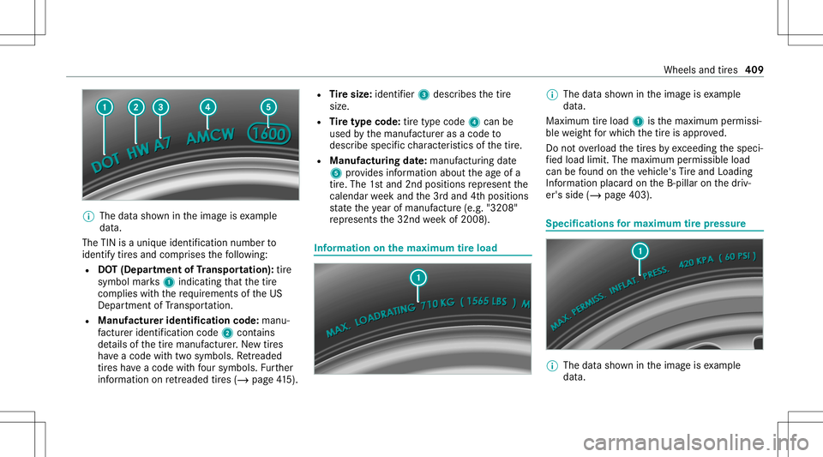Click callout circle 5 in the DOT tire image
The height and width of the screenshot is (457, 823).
pyautogui.click(x=268, y=107)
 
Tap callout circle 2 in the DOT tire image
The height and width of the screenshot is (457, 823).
pyautogui.click(x=135, y=107)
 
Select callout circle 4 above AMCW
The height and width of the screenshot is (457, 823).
pyautogui.click(x=207, y=107)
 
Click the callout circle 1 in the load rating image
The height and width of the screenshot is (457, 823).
pyautogui.click(x=417, y=277)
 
